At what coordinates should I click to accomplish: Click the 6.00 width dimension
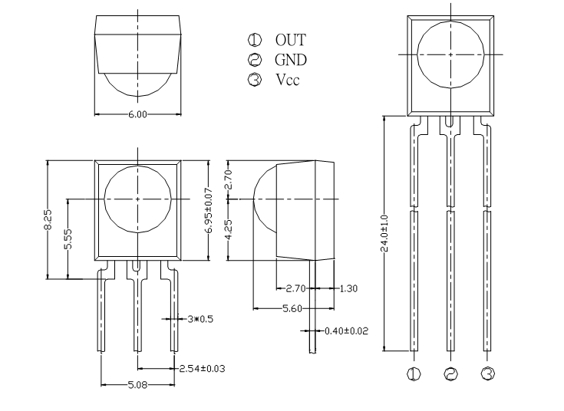coord(138,114)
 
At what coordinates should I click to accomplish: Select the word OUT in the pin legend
coord(291,40)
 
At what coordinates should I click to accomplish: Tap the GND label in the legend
coord(291,60)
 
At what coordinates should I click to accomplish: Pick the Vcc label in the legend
coord(288,80)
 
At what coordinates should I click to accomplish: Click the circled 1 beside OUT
coord(255,40)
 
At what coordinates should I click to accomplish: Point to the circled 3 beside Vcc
coord(255,80)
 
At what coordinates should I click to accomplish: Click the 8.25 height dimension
coord(48,219)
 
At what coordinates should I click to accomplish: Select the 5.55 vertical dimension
coord(68,238)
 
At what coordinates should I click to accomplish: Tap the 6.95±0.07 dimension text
coord(209,211)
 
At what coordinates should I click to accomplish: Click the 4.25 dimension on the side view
coord(229,229)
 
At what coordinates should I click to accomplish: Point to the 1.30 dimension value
coord(348,288)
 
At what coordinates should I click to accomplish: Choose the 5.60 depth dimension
coord(292,308)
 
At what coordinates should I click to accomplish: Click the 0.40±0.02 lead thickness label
coord(346,330)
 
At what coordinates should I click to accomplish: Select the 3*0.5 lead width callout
coord(200,319)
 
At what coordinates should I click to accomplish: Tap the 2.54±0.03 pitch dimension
coord(202,369)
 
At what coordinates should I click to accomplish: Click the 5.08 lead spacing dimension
coord(138,385)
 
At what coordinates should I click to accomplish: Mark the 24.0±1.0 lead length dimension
coord(384,233)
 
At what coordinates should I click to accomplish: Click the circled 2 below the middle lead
coord(450,374)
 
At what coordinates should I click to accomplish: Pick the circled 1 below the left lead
coord(414,374)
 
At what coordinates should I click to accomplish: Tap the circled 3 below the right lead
coord(488,373)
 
